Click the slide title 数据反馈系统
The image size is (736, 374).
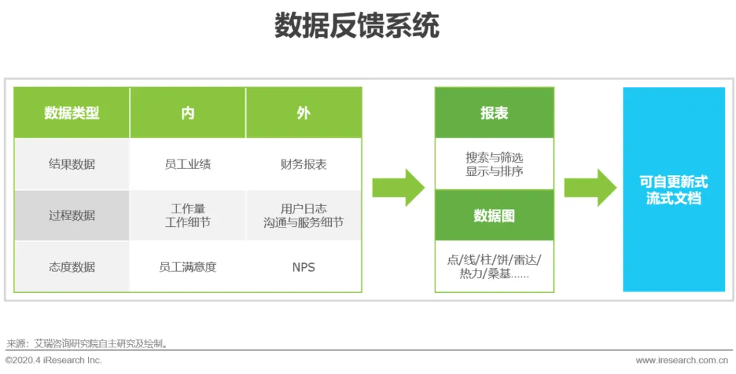(x=357, y=27)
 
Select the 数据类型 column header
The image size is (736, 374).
(x=72, y=113)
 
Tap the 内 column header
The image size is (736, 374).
(x=188, y=113)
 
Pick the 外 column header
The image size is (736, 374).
(x=303, y=113)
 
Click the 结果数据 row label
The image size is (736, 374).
(x=72, y=164)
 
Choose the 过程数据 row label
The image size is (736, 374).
(x=72, y=215)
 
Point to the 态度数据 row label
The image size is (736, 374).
(x=72, y=267)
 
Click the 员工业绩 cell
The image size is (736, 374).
(x=188, y=164)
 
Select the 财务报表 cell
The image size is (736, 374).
(x=303, y=164)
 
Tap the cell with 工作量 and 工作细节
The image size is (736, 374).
(x=188, y=215)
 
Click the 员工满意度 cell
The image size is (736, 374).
(x=188, y=267)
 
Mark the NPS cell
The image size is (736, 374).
(x=303, y=267)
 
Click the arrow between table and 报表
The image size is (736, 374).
(x=399, y=187)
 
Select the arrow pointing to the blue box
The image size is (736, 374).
(x=590, y=187)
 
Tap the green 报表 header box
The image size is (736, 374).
(x=494, y=113)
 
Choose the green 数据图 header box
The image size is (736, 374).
(x=494, y=216)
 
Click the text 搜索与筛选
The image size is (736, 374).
(x=494, y=158)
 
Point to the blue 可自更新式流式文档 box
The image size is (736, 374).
(x=673, y=189)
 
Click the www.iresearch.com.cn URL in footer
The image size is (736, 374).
(x=681, y=360)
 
